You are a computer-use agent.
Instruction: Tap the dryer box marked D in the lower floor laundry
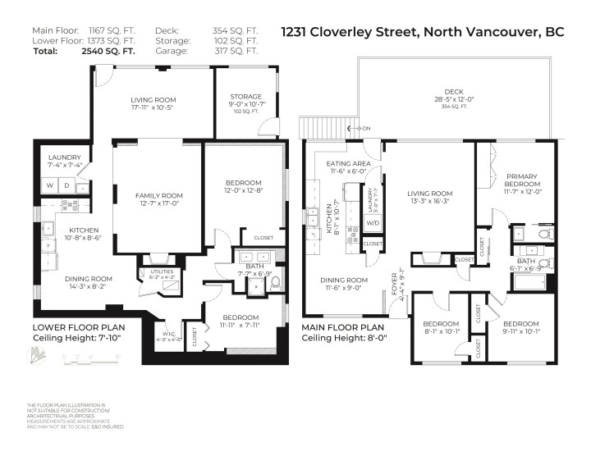point(66,186)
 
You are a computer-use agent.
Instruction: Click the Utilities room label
point(158,275)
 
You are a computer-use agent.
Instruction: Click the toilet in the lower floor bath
point(275,282)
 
